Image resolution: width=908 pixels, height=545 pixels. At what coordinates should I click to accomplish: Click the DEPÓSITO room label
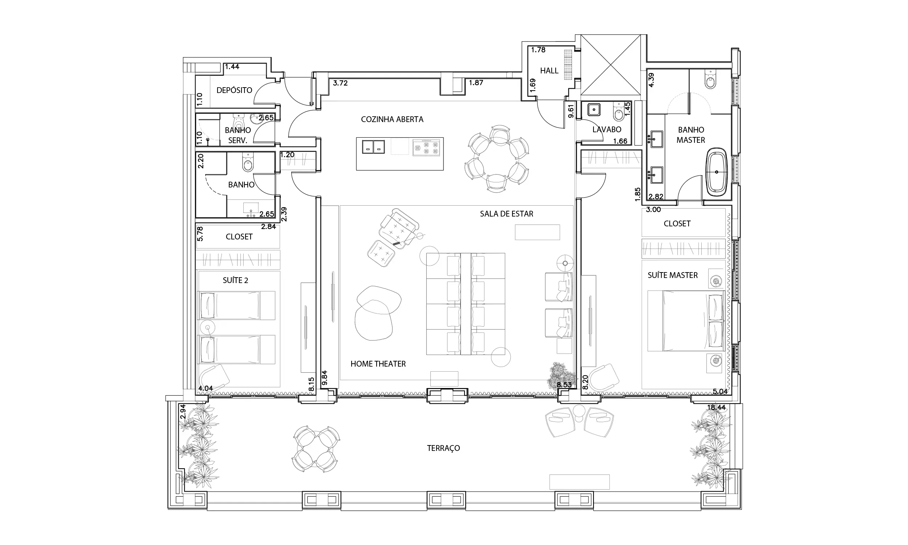(234, 90)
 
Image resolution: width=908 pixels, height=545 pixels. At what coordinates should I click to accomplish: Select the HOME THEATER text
(378, 364)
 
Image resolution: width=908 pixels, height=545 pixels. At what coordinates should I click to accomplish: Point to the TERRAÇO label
(443, 448)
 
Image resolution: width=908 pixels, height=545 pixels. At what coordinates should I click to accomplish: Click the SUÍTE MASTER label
(672, 275)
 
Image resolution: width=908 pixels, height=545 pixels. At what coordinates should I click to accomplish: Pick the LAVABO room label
(607, 129)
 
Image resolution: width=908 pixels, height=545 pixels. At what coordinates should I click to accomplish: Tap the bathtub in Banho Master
(717, 172)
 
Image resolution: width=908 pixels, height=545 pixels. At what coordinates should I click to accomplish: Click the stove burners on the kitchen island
(426, 148)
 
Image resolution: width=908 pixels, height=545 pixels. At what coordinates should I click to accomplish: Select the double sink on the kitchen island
(373, 147)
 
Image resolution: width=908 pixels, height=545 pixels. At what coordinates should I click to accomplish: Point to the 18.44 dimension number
(717, 407)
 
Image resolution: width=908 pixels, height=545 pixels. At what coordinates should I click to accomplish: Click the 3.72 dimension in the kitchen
(340, 83)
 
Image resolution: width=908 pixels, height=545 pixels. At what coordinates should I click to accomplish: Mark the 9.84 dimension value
(324, 378)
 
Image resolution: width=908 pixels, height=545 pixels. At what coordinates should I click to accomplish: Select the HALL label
(549, 70)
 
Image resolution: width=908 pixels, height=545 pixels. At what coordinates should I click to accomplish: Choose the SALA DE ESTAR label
(507, 214)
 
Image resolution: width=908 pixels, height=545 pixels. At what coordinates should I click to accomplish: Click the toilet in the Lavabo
(619, 112)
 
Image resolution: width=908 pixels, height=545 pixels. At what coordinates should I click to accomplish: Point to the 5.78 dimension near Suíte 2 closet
(200, 234)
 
